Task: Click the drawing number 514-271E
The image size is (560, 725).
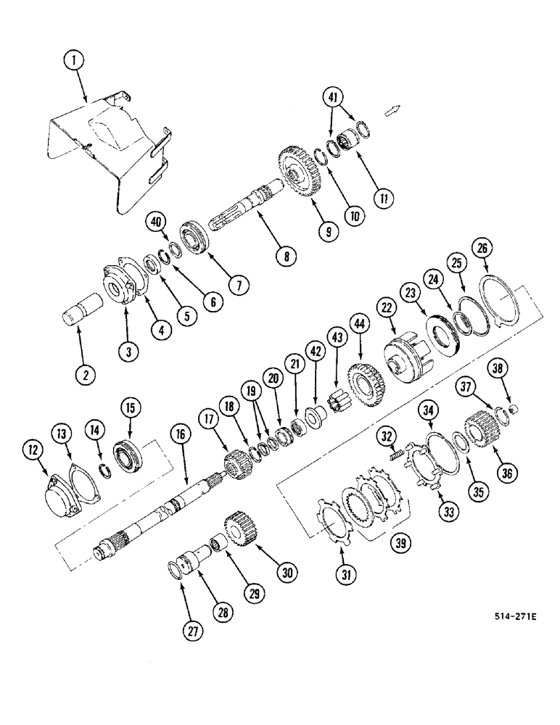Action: [515, 616]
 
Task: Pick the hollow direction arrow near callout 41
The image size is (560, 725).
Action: [392, 109]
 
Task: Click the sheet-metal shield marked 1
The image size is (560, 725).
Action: [109, 152]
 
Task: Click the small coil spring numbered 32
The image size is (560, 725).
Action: [397, 455]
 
